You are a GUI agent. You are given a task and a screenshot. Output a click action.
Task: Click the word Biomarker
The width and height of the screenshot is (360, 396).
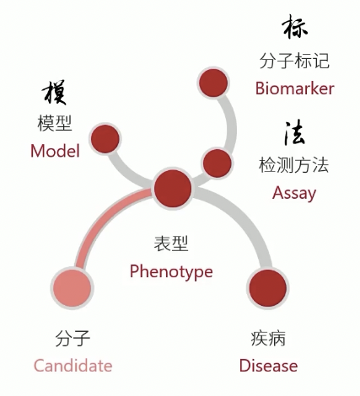tap(294, 88)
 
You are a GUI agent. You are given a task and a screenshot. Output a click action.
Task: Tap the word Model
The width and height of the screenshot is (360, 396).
tap(55, 151)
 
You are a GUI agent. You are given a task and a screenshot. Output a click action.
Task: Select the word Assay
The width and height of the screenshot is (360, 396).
tap(294, 194)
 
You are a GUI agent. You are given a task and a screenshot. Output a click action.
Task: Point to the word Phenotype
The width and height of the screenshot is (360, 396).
tap(171, 272)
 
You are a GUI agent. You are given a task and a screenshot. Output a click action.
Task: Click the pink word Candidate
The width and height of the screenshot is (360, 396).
tap(73, 366)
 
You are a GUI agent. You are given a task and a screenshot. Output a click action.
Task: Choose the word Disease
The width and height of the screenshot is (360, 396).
tap(268, 366)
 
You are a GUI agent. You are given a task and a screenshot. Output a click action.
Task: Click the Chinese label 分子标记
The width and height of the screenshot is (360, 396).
tap(294, 61)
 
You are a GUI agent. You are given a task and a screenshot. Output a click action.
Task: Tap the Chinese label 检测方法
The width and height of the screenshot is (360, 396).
tap(293, 165)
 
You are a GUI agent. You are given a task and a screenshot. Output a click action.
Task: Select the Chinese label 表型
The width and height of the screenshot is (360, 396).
tap(171, 243)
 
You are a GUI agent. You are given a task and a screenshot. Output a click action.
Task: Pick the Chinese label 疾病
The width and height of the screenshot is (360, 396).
tap(268, 339)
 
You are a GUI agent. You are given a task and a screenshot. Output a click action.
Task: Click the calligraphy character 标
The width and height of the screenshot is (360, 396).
tap(294, 27)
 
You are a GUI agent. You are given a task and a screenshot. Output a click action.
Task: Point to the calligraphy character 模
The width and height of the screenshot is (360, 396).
tap(55, 93)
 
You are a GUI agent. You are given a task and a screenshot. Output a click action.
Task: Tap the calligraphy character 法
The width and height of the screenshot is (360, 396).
tap(294, 132)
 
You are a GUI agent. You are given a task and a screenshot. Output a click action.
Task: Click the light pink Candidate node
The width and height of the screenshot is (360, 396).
tap(73, 288)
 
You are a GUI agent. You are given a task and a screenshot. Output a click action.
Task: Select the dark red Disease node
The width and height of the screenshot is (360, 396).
tap(268, 288)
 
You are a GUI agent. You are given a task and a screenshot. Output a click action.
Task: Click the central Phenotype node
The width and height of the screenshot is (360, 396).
tap(173, 188)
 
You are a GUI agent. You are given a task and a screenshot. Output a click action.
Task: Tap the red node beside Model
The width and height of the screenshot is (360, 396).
tap(105, 139)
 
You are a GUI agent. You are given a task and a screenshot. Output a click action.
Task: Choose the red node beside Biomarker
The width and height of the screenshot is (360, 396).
tap(213, 83)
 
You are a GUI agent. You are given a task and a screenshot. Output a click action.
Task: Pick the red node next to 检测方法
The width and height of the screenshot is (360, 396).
tap(217, 163)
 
